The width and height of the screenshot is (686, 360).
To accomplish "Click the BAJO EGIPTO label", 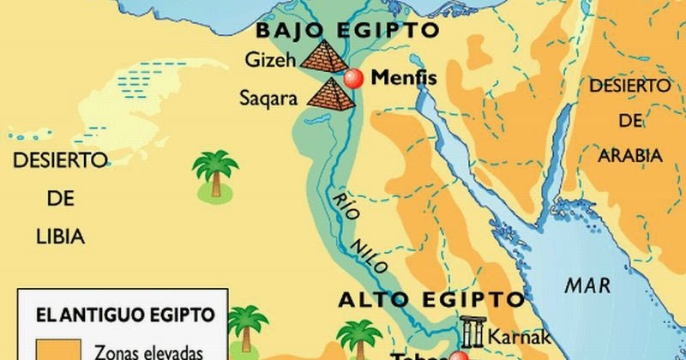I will click(347, 31).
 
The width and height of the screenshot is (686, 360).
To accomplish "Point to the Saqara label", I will click(268, 98).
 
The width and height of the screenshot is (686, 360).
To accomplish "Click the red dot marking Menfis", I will click(354, 78).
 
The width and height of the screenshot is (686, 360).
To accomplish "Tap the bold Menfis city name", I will click(404, 79).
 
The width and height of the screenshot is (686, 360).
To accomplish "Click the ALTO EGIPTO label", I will click(431, 300).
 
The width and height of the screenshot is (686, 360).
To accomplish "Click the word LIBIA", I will click(59, 235).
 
